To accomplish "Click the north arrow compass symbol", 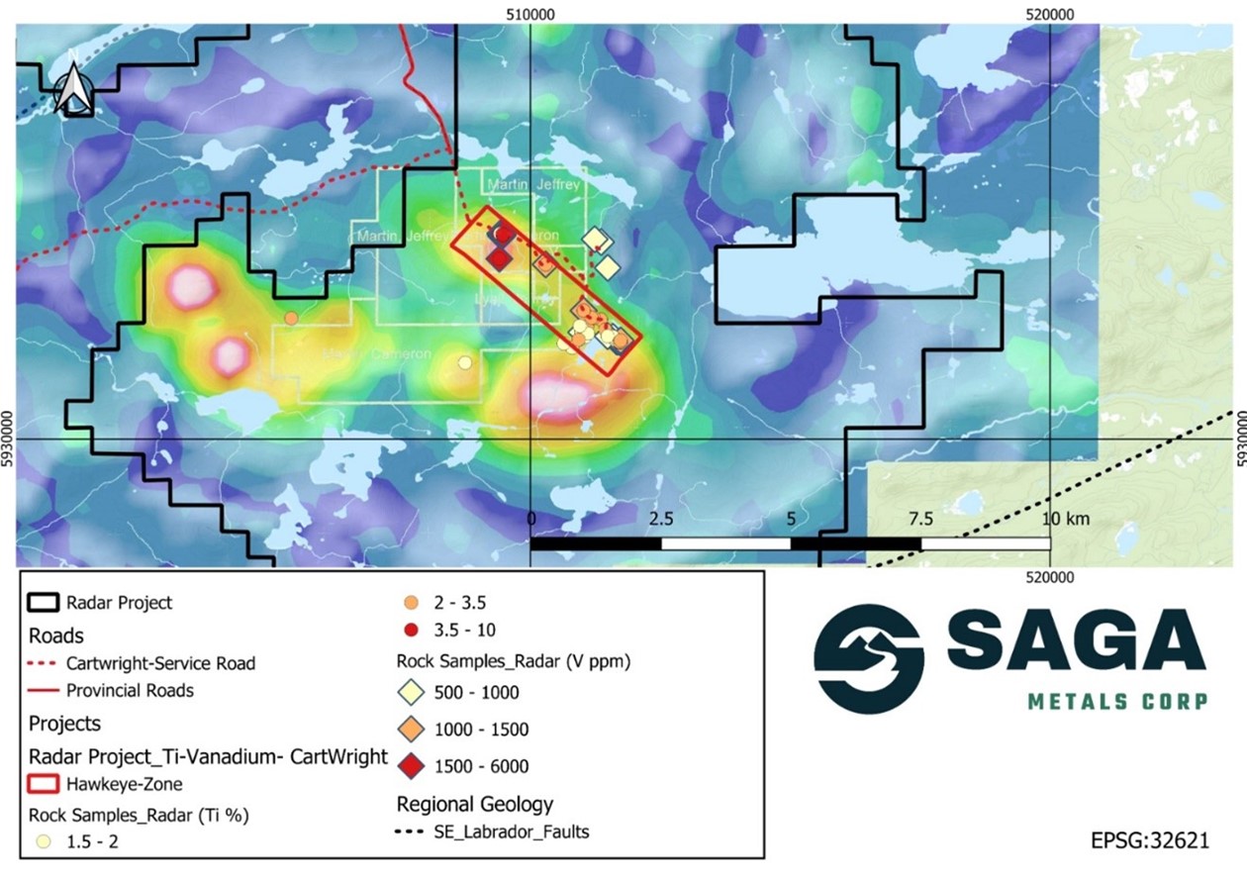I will pyautogui.click(x=71, y=87).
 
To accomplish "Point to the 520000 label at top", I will pyautogui.click(x=1050, y=13).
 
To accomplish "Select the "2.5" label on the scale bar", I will pyautogui.click(x=660, y=519).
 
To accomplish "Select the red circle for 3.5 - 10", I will pyautogui.click(x=411, y=631).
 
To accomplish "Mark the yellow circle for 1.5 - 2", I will pyautogui.click(x=42, y=842).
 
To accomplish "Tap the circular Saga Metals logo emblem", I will pyautogui.click(x=869, y=655).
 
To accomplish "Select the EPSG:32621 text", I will pyautogui.click(x=1150, y=840).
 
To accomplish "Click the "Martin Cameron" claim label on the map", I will pyautogui.click(x=376, y=354).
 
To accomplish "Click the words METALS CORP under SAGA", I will pyautogui.click(x=1117, y=702).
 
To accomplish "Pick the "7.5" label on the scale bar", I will pyautogui.click(x=920, y=519).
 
